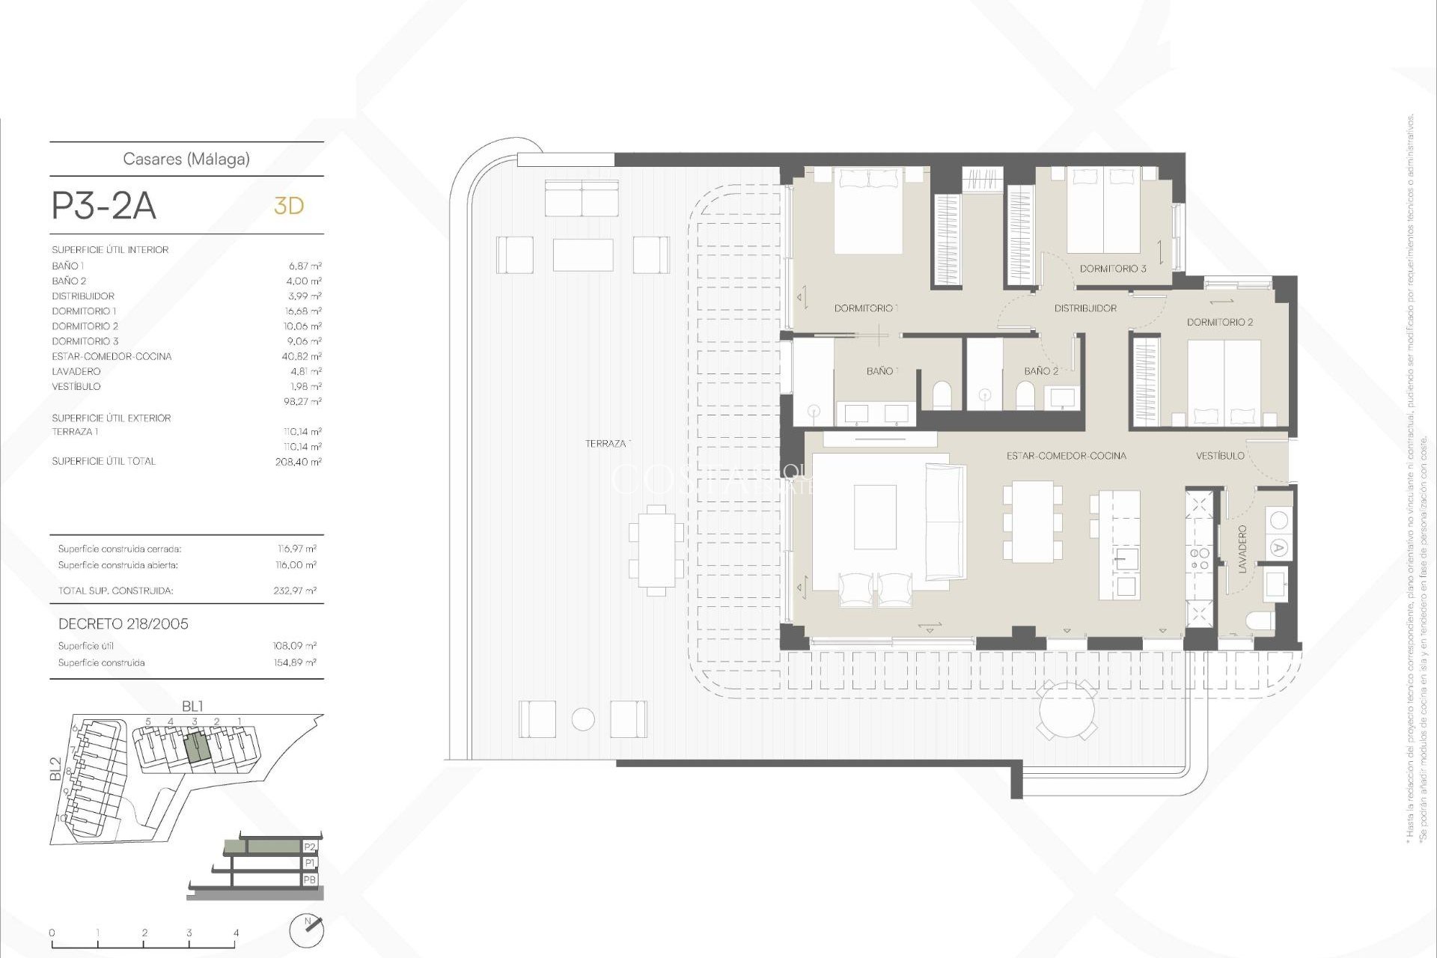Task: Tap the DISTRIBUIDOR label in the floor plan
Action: [x=1085, y=308]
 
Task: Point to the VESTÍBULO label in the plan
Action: [x=1220, y=455]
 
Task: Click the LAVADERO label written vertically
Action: [x=1242, y=549]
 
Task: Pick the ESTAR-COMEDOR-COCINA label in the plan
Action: [x=1066, y=456]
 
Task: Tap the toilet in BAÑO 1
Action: [x=942, y=395]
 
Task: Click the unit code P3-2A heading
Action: [x=104, y=206]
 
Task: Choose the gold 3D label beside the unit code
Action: [x=289, y=206]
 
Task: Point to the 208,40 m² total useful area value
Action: [x=298, y=462]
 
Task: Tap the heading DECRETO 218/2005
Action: [x=123, y=623]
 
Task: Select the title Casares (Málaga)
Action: [x=186, y=159]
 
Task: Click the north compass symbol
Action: [x=307, y=930]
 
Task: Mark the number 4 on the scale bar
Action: [x=237, y=933]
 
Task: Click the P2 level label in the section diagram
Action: [x=310, y=846]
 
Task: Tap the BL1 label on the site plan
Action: [x=192, y=706]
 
